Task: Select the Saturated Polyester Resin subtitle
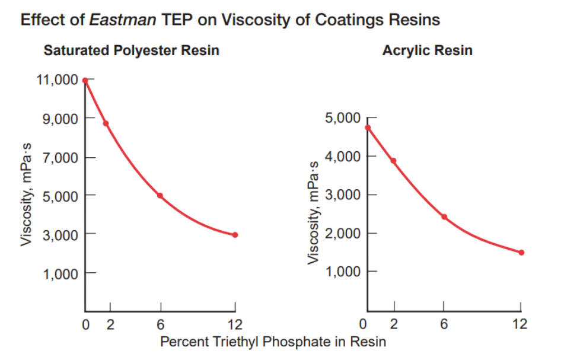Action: pyautogui.click(x=131, y=50)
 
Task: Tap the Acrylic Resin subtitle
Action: pyautogui.click(x=427, y=50)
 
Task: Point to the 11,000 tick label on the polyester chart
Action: pyautogui.click(x=58, y=79)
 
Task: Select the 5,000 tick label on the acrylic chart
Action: pyautogui.click(x=342, y=118)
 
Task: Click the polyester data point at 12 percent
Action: pyautogui.click(x=235, y=235)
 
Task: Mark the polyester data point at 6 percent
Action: pyautogui.click(x=160, y=196)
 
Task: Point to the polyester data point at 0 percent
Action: pyautogui.click(x=85, y=80)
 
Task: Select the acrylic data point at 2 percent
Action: pyautogui.click(x=393, y=161)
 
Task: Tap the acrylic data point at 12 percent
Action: pyautogui.click(x=521, y=253)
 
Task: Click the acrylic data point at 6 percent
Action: pyautogui.click(x=444, y=217)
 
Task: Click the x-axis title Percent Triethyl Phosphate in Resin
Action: pyautogui.click(x=273, y=342)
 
